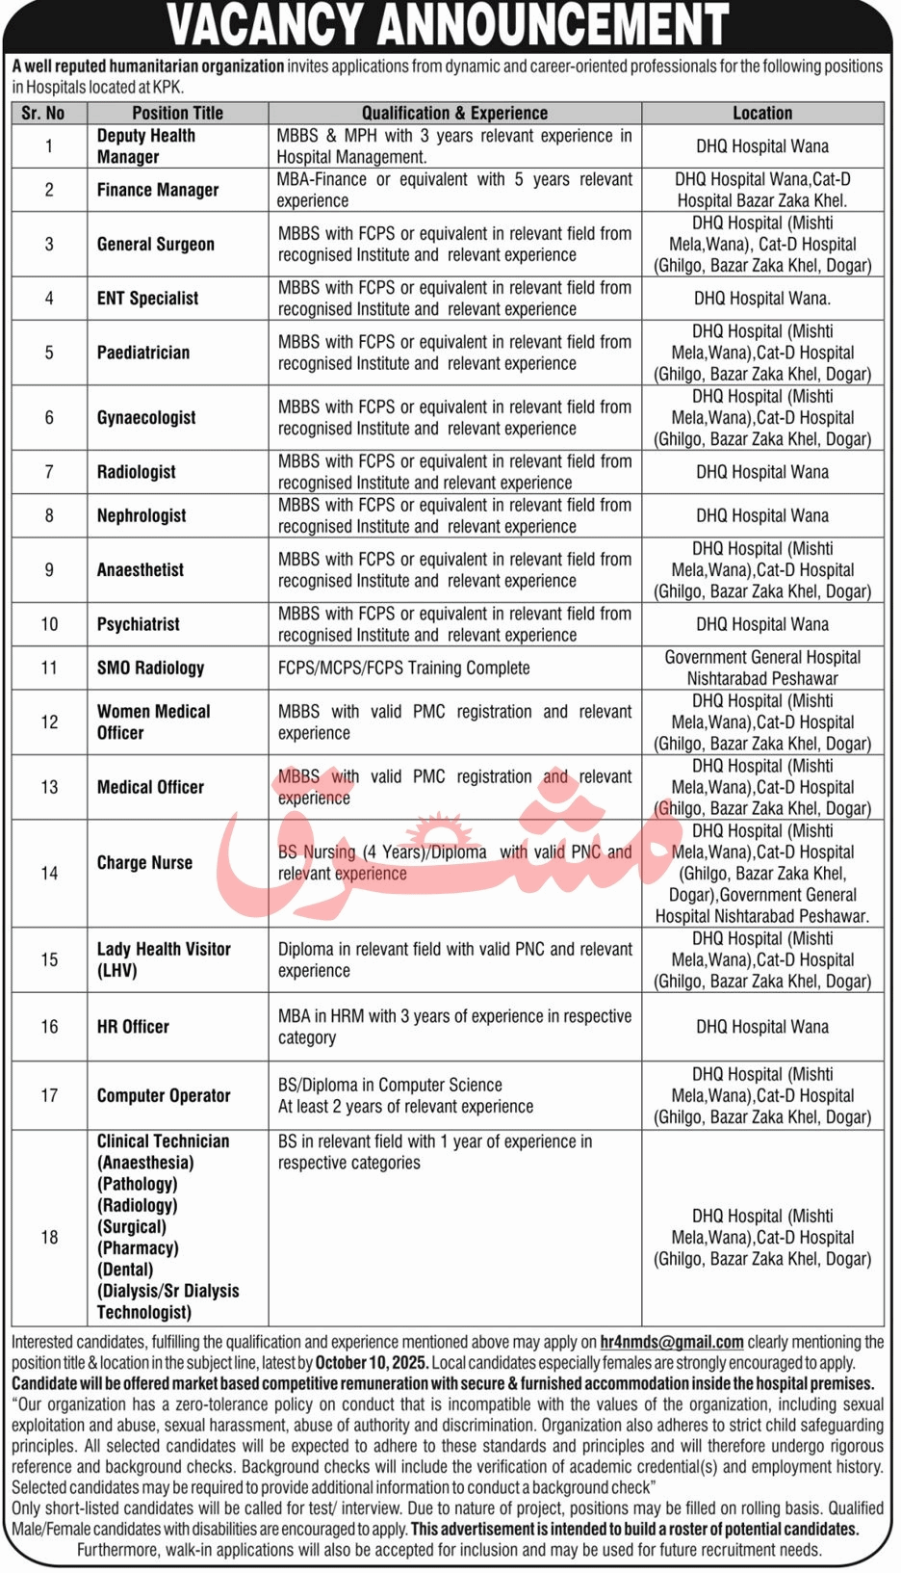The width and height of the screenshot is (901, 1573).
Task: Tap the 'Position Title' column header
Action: [177, 113]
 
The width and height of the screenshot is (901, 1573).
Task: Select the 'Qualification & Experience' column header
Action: [454, 113]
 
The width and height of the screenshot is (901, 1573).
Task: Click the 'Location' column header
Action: [762, 113]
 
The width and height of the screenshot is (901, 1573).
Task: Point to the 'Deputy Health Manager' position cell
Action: [146, 146]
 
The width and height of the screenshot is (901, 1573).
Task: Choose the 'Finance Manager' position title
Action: [158, 190]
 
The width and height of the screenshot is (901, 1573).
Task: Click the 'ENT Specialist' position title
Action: [147, 299]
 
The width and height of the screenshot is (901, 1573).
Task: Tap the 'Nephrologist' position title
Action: [142, 515]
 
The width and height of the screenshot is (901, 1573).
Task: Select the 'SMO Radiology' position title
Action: [150, 668]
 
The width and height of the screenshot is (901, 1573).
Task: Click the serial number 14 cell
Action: [49, 873]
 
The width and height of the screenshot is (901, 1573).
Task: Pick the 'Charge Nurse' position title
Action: [144, 863]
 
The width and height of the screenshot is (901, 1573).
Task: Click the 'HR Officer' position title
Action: [133, 1027]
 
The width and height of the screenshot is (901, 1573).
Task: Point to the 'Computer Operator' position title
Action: [164, 1095]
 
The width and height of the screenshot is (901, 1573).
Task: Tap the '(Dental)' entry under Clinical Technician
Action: [124, 1270]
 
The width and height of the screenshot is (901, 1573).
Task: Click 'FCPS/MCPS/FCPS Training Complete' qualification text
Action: [403, 668]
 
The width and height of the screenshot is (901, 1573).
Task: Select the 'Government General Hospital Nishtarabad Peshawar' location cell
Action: [762, 668]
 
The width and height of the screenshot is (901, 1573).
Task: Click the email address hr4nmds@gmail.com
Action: [671, 1342]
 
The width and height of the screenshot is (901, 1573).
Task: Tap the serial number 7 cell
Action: [49, 472]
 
